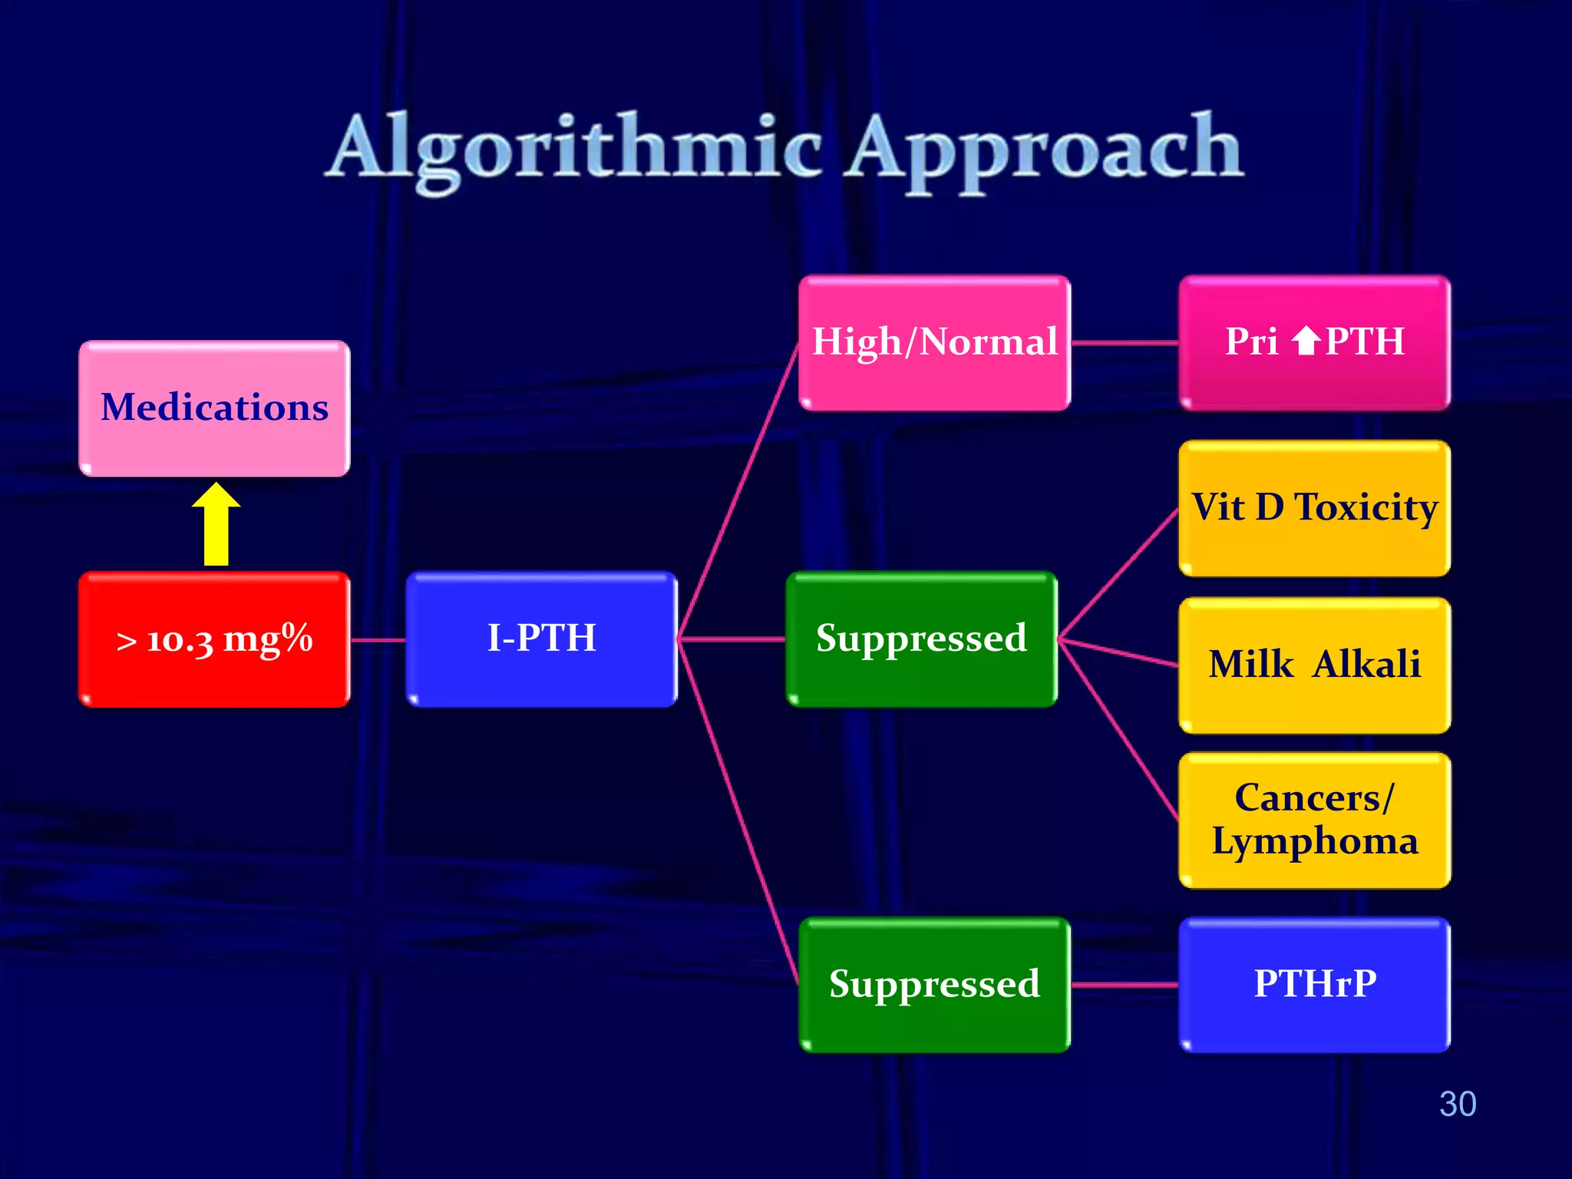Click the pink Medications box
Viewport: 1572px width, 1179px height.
214,408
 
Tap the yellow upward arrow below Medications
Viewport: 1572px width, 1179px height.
216,525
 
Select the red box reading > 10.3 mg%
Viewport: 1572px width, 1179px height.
214,639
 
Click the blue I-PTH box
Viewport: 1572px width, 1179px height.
542,639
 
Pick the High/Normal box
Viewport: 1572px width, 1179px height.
934,342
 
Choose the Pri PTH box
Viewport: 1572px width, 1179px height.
1314,342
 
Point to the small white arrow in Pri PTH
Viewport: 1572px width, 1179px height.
1306,341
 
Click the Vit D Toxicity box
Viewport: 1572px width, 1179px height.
1314,508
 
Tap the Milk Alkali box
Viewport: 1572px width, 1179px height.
1314,665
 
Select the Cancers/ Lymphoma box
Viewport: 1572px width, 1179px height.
1314,820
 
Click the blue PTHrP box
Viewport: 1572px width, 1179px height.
1314,984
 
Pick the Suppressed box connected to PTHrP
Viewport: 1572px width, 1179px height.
934,984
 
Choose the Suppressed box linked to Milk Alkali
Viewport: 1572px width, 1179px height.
921,639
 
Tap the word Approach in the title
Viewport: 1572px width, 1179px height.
1045,150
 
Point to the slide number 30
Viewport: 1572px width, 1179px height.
1457,1104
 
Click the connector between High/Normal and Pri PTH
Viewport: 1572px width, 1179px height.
1125,343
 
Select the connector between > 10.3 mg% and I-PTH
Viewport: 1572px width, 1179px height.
378,639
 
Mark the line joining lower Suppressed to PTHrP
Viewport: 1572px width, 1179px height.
1125,985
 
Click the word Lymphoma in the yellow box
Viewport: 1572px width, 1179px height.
1314,841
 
